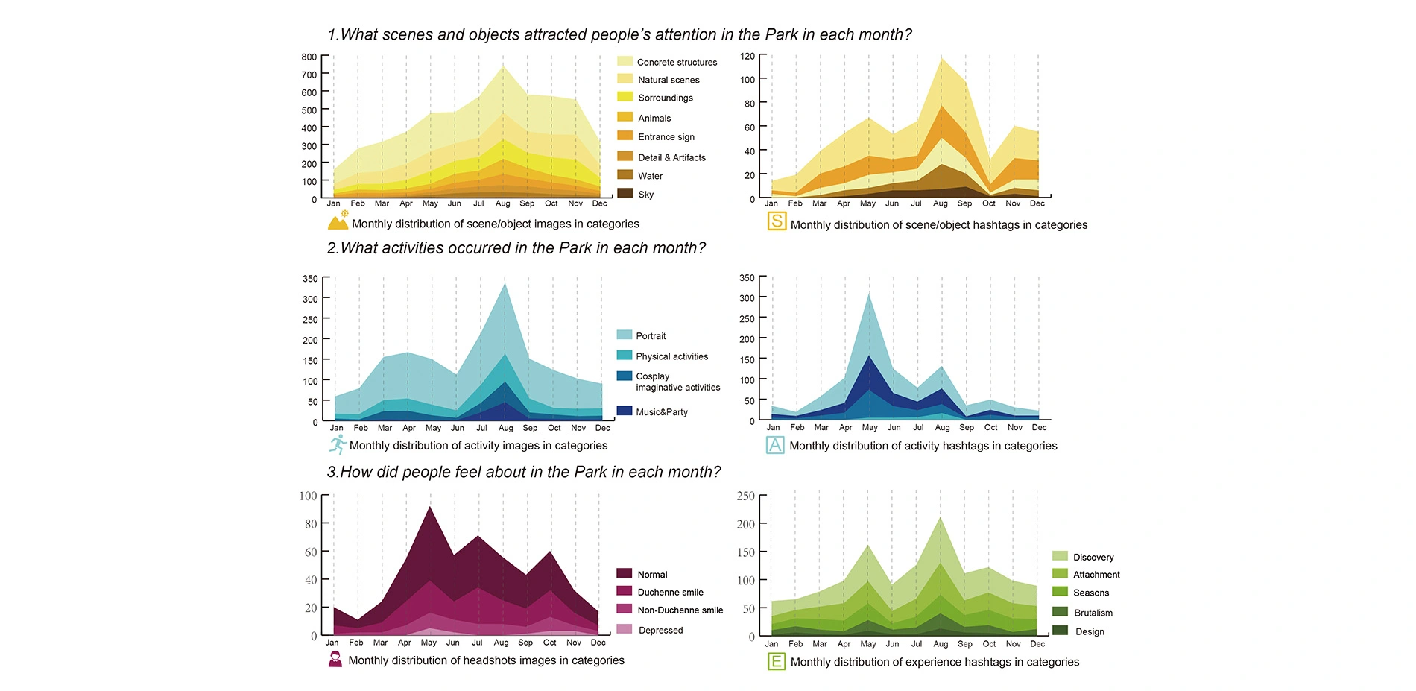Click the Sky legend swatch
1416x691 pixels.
625,193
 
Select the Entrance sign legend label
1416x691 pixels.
666,137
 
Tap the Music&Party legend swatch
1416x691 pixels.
625,411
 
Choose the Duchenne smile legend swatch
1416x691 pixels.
625,591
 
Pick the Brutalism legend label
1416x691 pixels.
1093,613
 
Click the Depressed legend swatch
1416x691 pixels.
625,629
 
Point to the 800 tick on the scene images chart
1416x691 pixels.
309,57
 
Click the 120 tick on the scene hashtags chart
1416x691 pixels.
747,57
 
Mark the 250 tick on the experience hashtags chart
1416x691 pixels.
745,496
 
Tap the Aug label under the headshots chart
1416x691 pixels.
501,643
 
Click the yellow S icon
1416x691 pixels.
777,221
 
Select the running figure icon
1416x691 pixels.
338,444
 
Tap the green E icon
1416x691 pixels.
776,661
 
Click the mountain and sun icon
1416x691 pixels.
338,221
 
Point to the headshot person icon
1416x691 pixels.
335,659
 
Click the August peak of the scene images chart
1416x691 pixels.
503,66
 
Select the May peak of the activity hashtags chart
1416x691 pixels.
869,294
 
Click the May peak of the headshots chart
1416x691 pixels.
429,508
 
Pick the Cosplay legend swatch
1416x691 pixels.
625,376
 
